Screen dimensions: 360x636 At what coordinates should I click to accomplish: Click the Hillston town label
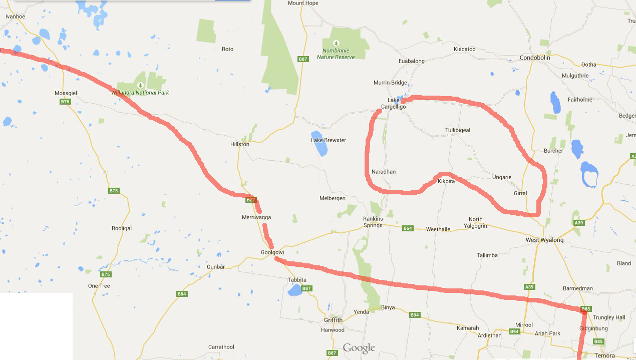(x=239, y=144)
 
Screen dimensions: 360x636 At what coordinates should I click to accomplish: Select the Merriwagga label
(x=256, y=217)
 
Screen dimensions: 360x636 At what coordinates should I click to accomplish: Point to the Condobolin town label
(x=535, y=58)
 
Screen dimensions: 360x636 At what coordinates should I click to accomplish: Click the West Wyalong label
(x=544, y=240)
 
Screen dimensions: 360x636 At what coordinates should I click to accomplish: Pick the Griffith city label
(x=333, y=320)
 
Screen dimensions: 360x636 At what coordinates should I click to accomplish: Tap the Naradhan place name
(x=384, y=172)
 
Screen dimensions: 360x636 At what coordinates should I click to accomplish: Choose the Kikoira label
(x=446, y=181)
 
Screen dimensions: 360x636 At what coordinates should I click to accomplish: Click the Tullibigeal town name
(x=458, y=130)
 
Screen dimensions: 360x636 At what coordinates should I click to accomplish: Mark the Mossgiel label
(x=65, y=93)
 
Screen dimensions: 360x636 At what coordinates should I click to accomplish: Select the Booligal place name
(x=122, y=228)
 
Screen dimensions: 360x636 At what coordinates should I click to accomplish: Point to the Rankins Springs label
(x=373, y=222)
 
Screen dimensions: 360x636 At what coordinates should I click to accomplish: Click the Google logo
(x=359, y=348)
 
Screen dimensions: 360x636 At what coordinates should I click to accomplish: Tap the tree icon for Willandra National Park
(x=140, y=85)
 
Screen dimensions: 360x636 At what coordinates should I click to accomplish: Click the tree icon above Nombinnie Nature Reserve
(x=336, y=43)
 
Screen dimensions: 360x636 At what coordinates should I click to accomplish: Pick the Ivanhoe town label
(x=15, y=17)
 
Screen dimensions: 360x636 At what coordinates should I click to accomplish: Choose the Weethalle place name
(x=438, y=229)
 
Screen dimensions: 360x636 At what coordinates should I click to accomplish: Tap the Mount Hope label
(x=303, y=3)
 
